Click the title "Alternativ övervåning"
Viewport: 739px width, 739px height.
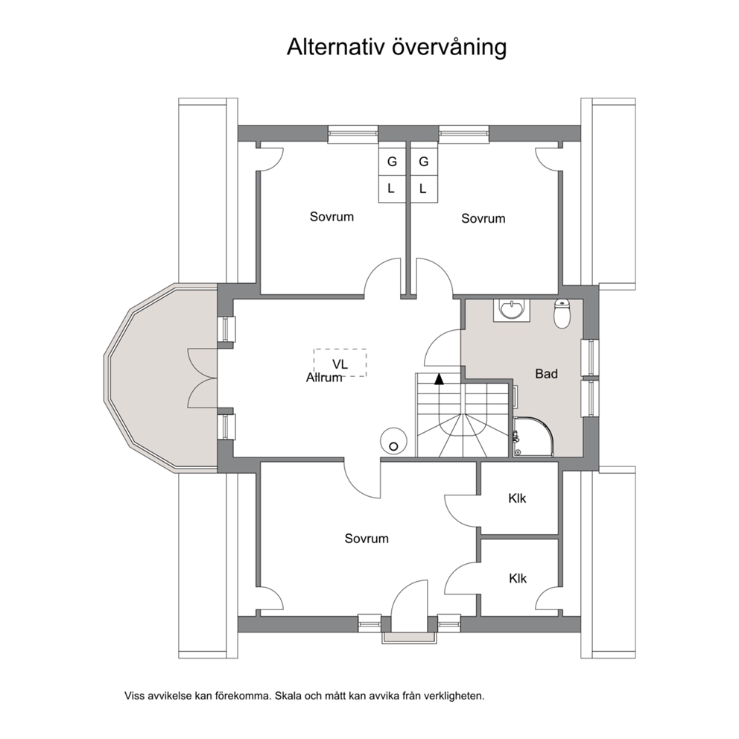[x=397, y=48]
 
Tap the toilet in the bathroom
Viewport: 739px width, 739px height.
[x=562, y=314]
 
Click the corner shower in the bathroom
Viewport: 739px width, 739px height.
[x=533, y=436]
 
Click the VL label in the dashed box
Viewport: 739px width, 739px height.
[x=340, y=364]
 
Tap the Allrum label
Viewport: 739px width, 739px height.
[x=324, y=378]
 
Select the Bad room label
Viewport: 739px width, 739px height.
[x=546, y=374]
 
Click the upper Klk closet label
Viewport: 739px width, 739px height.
[x=517, y=498]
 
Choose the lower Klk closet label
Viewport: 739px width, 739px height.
[x=518, y=578]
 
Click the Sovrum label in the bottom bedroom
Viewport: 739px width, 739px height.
[x=367, y=538]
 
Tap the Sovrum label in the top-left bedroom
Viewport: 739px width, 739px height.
[x=332, y=216]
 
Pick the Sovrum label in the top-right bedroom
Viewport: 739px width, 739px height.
[x=483, y=218]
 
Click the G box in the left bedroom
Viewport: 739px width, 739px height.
[x=392, y=162]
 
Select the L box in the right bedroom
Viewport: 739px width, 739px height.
[x=423, y=189]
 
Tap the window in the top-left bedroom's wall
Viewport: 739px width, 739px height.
[x=353, y=133]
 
